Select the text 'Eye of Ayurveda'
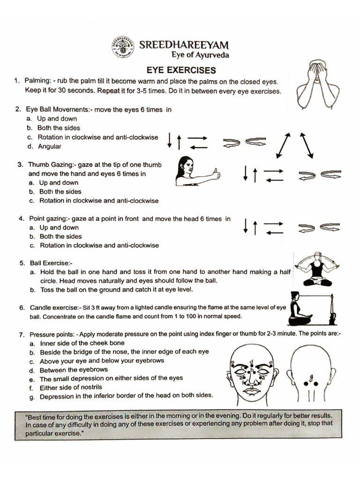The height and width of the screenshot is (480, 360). coord(200,55)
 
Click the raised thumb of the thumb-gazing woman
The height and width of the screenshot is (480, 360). coord(216,173)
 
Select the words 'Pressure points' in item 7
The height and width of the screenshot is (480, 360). coord(52,335)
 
